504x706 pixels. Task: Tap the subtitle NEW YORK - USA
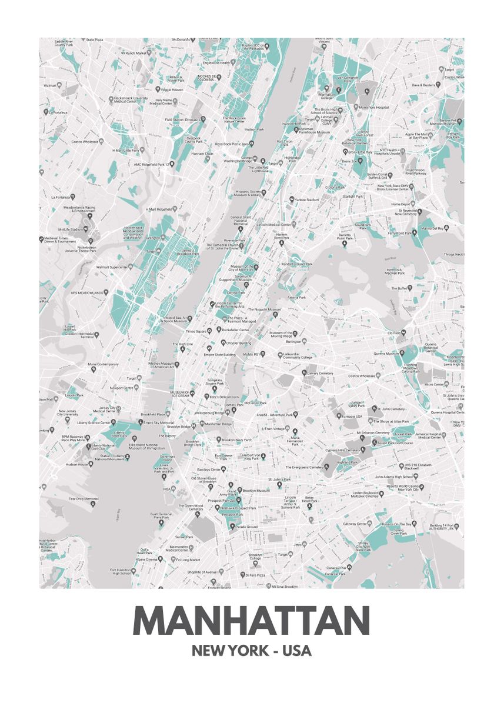coord(252,651)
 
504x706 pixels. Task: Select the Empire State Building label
coord(219,355)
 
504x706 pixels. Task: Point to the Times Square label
coord(196,332)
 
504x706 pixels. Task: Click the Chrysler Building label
coord(239,342)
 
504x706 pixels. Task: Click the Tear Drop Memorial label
coord(84,499)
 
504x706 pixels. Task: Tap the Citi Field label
coord(393,333)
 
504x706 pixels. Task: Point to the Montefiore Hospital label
coord(374,108)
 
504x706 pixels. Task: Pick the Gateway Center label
coord(355,524)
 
